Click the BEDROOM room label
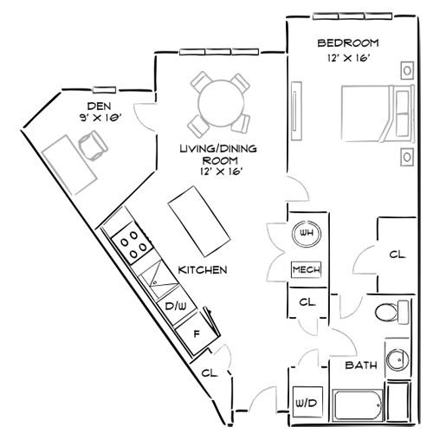[349, 42]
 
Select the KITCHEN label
[202, 270]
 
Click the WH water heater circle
[305, 233]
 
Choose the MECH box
[306, 269]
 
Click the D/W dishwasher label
[176, 306]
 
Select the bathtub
[356, 404]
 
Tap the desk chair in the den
[90, 144]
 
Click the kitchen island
[198, 220]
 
